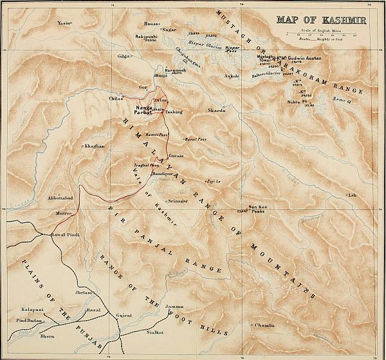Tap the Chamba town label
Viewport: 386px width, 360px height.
pos(266,325)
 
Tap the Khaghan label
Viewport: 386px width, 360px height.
pos(94,147)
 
